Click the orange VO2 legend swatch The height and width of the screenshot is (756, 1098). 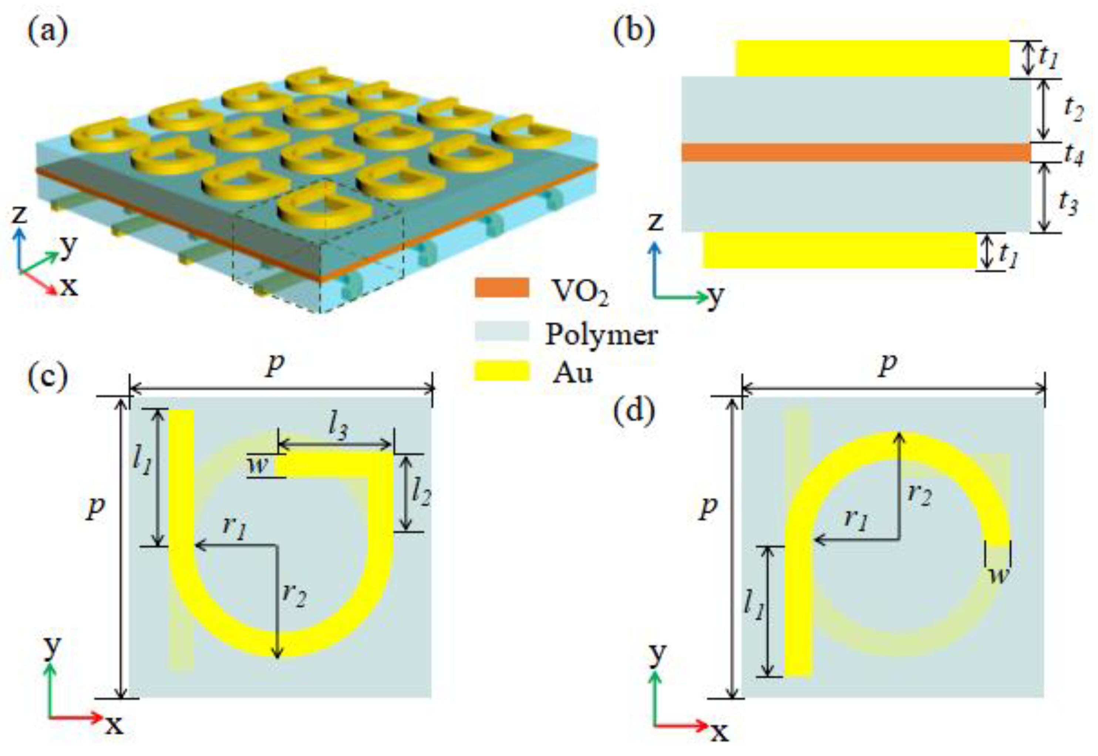pos(502,287)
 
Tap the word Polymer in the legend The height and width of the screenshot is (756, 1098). pos(601,334)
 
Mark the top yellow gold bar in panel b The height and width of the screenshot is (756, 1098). pos(872,58)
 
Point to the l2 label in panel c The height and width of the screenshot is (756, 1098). pos(421,492)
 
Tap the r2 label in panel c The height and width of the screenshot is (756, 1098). pos(294,595)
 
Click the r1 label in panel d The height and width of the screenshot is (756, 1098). pos(856,520)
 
